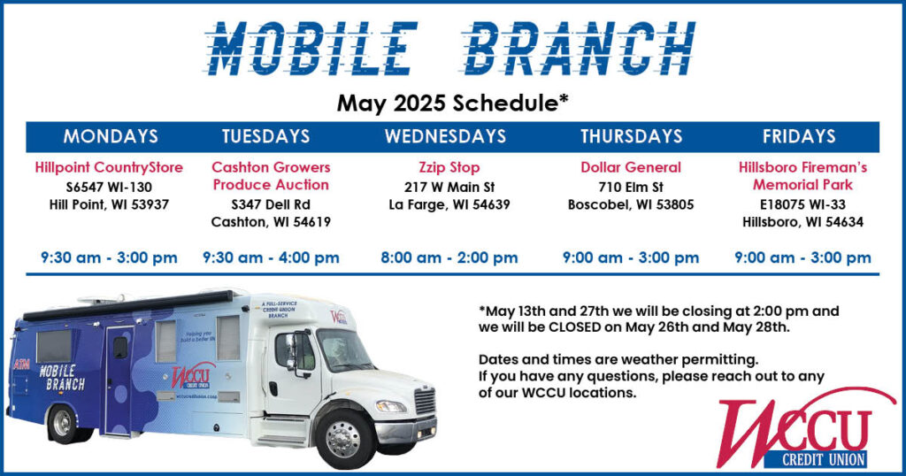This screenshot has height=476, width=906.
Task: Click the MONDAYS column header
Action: point(111,136)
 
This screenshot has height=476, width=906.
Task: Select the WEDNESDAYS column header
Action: point(446,136)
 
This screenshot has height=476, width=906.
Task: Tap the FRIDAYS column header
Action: point(799,136)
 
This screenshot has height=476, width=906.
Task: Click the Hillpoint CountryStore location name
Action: point(109,167)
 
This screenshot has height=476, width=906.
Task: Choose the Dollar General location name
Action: point(631,167)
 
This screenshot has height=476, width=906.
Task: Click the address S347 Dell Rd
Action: point(271,204)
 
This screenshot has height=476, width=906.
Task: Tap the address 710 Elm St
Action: point(631,188)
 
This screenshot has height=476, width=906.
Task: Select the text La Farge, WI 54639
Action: point(449,204)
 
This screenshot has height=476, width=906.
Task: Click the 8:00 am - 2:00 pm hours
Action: point(449,257)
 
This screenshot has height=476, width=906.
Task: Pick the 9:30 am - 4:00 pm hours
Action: point(271,257)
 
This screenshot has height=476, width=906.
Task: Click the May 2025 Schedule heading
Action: point(453,104)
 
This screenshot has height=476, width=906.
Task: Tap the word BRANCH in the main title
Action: point(580,49)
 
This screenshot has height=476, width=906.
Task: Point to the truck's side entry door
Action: point(119,380)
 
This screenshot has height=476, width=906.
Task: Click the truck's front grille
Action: point(425,401)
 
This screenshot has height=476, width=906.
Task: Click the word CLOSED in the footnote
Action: point(577,327)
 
